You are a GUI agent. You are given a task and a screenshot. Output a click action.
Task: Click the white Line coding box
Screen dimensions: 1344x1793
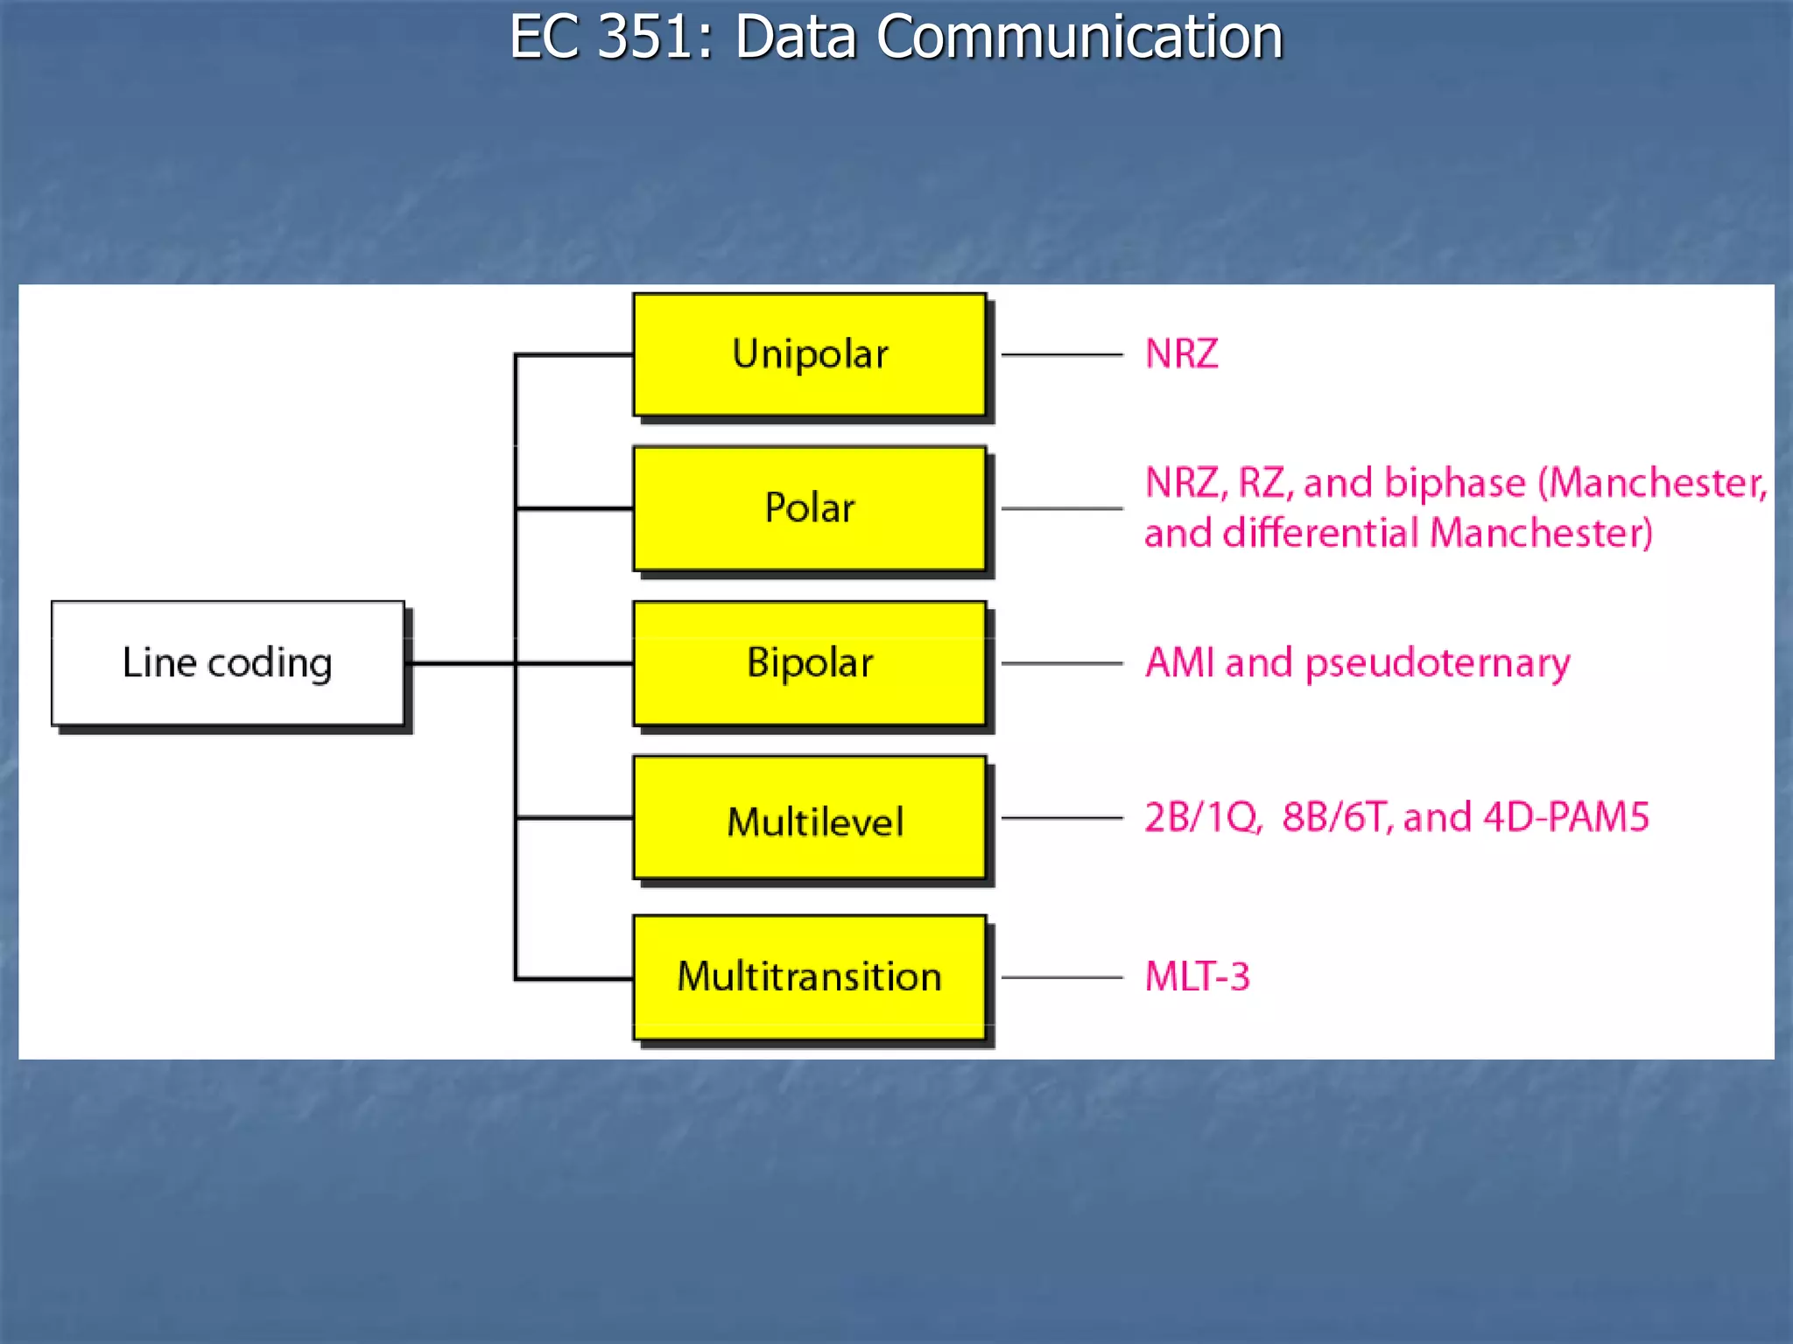tap(228, 663)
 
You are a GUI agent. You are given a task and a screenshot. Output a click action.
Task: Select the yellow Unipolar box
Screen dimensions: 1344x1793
tap(810, 354)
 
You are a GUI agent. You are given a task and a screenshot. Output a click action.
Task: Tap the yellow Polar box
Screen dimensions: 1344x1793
tap(810, 508)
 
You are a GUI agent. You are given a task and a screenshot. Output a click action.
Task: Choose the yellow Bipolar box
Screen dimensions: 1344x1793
tap(810, 663)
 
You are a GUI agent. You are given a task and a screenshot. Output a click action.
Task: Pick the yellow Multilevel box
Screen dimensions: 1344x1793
tap(810, 818)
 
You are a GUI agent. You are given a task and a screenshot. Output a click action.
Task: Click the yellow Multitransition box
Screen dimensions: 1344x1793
tap(810, 977)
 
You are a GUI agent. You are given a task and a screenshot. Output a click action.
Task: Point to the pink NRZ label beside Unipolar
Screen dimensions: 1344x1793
tap(1181, 354)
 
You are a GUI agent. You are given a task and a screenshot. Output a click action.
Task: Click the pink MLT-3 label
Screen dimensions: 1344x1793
tap(1197, 977)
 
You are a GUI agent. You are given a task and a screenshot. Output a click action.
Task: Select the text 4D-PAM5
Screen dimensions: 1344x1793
tap(1566, 817)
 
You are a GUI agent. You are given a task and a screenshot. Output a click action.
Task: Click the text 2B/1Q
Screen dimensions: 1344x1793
tap(1202, 817)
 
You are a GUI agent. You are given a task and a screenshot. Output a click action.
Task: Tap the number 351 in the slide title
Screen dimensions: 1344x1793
tap(646, 38)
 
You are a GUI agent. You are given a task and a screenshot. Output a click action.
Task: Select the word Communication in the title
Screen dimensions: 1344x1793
tap(1079, 38)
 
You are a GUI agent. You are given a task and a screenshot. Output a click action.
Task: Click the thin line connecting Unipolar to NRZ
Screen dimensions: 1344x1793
tap(1061, 354)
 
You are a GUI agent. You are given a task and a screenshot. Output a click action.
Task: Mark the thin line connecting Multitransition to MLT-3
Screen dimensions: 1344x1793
tap(1061, 977)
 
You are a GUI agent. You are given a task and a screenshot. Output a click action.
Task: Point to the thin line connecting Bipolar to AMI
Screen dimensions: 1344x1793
tap(1061, 663)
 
